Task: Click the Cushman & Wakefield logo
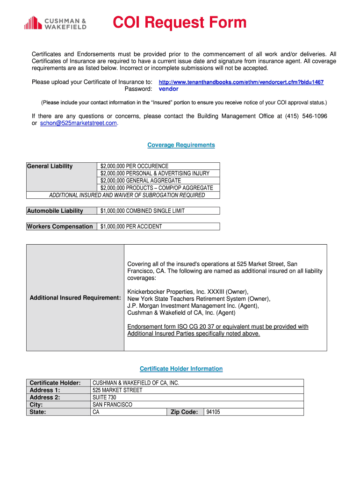coord(55,23)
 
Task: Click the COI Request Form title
coord(180,22)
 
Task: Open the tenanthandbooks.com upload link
coord(241,82)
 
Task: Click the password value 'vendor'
coord(168,89)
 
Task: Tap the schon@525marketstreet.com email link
coord(75,123)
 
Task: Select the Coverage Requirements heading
coord(181,145)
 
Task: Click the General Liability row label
coord(50,166)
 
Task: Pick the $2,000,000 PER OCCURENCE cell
coord(134,166)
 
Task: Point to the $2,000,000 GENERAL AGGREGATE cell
coord(140,181)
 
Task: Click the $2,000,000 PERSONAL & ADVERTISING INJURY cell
coord(155,174)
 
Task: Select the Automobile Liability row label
coord(55,211)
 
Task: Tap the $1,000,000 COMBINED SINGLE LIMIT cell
coord(143,211)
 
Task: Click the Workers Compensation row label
coord(60,227)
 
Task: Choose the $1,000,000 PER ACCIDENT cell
coord(131,227)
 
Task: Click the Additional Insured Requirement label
coord(75,298)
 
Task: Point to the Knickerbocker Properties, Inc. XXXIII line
coord(188,291)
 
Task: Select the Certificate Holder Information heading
coord(181,369)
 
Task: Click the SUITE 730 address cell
coord(104,398)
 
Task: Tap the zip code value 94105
coord(213,412)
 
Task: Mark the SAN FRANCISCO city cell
coord(112,405)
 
